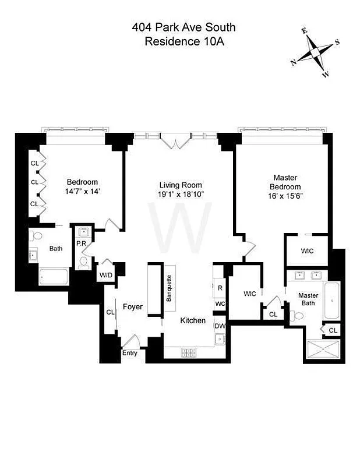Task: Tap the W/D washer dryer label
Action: (x=106, y=275)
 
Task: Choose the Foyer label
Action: (x=132, y=306)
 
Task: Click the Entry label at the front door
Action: (x=129, y=354)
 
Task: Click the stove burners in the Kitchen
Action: (x=190, y=352)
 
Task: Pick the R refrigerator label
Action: (x=220, y=288)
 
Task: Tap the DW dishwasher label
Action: (x=220, y=327)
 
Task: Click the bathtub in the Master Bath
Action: (x=332, y=300)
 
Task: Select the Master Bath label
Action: (x=308, y=299)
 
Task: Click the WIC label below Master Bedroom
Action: (x=306, y=251)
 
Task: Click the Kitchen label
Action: (x=192, y=320)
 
